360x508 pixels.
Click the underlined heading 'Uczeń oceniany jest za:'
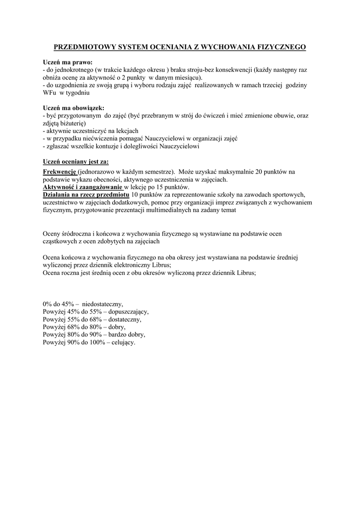point(75,162)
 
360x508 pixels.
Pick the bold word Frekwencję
point(60,172)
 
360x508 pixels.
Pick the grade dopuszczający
point(128,312)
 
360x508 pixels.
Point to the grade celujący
point(123,342)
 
